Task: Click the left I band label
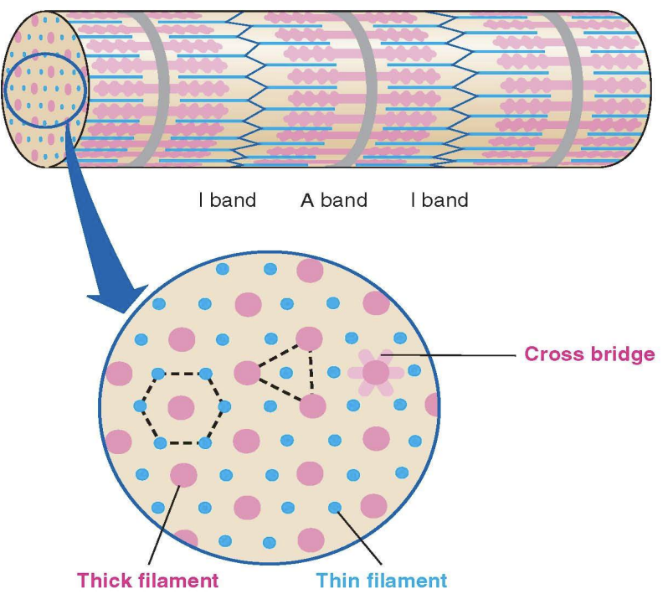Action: (x=227, y=200)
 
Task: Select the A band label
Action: (x=333, y=200)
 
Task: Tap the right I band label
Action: (x=439, y=200)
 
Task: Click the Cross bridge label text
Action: (x=588, y=354)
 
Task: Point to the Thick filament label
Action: (x=147, y=580)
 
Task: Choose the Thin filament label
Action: (x=381, y=580)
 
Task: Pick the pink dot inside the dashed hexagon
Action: (x=182, y=408)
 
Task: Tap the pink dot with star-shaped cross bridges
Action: (x=376, y=372)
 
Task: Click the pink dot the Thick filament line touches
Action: (x=183, y=475)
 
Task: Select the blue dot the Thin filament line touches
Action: (x=335, y=507)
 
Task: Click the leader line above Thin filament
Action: (x=360, y=536)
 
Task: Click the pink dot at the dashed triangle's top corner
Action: (x=309, y=339)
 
